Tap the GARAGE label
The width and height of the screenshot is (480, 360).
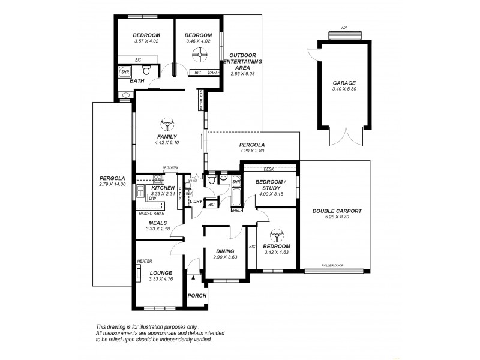tap(344, 83)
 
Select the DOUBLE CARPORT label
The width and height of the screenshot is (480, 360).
tap(335, 211)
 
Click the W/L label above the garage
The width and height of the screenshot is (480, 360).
tap(344, 28)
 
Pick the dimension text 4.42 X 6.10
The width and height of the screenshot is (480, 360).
tap(166, 143)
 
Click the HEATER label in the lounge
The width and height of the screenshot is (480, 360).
tap(144, 262)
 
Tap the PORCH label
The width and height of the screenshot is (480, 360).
tap(197, 296)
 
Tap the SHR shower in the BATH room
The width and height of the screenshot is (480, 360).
tap(125, 73)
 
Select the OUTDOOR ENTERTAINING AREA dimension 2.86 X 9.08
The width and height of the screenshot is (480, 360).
tap(243, 74)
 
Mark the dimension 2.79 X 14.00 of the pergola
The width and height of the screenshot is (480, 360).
tap(112, 185)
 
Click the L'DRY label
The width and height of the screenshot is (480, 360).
tap(196, 201)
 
